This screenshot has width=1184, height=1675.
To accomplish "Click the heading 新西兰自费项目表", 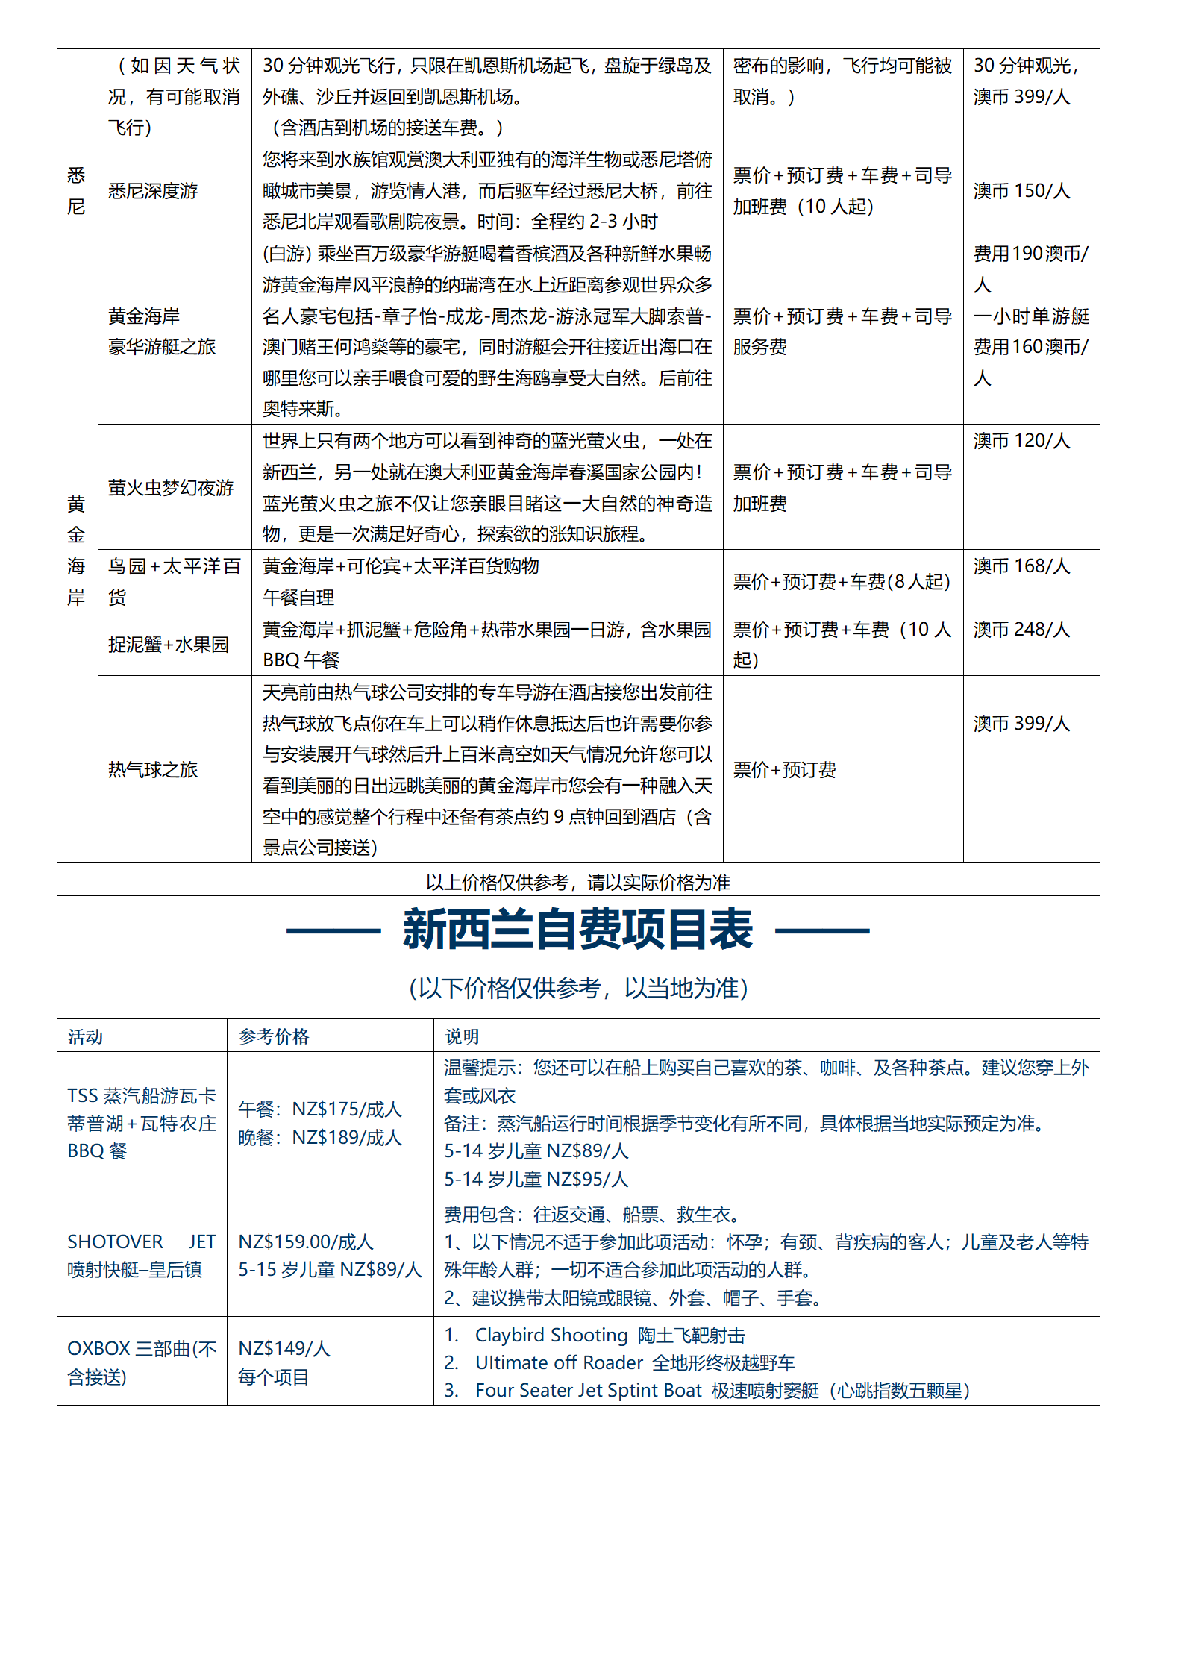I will [x=577, y=930].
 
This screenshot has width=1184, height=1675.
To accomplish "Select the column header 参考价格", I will [x=273, y=1036].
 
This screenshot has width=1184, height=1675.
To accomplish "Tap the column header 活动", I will [x=85, y=1036].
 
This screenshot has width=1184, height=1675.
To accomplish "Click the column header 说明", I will [x=462, y=1036].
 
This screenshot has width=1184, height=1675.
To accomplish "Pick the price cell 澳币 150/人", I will [x=1021, y=191].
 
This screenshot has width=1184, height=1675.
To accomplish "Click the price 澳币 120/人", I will [x=1021, y=441].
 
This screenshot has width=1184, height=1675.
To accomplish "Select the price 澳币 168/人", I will [x=1021, y=566].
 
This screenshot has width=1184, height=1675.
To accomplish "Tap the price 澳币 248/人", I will [x=1021, y=630].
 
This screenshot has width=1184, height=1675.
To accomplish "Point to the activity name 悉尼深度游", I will [x=153, y=191].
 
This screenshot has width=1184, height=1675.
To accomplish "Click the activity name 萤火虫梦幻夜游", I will [x=171, y=488].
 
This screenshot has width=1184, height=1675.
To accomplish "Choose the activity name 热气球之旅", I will [x=153, y=770].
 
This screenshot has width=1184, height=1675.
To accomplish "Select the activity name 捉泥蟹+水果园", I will [x=168, y=645].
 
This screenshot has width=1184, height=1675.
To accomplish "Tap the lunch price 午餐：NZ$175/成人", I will [x=320, y=1109].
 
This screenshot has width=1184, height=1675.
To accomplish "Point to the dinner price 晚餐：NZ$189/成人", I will [x=320, y=1138].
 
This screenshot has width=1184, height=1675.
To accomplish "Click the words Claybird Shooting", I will [x=551, y=1335].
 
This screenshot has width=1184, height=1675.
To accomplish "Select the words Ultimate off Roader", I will [x=559, y=1363].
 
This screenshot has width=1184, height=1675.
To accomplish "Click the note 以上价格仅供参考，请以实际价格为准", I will [x=577, y=883].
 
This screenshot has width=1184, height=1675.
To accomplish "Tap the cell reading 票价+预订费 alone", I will [x=784, y=770].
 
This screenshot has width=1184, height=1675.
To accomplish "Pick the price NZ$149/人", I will [x=284, y=1349].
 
